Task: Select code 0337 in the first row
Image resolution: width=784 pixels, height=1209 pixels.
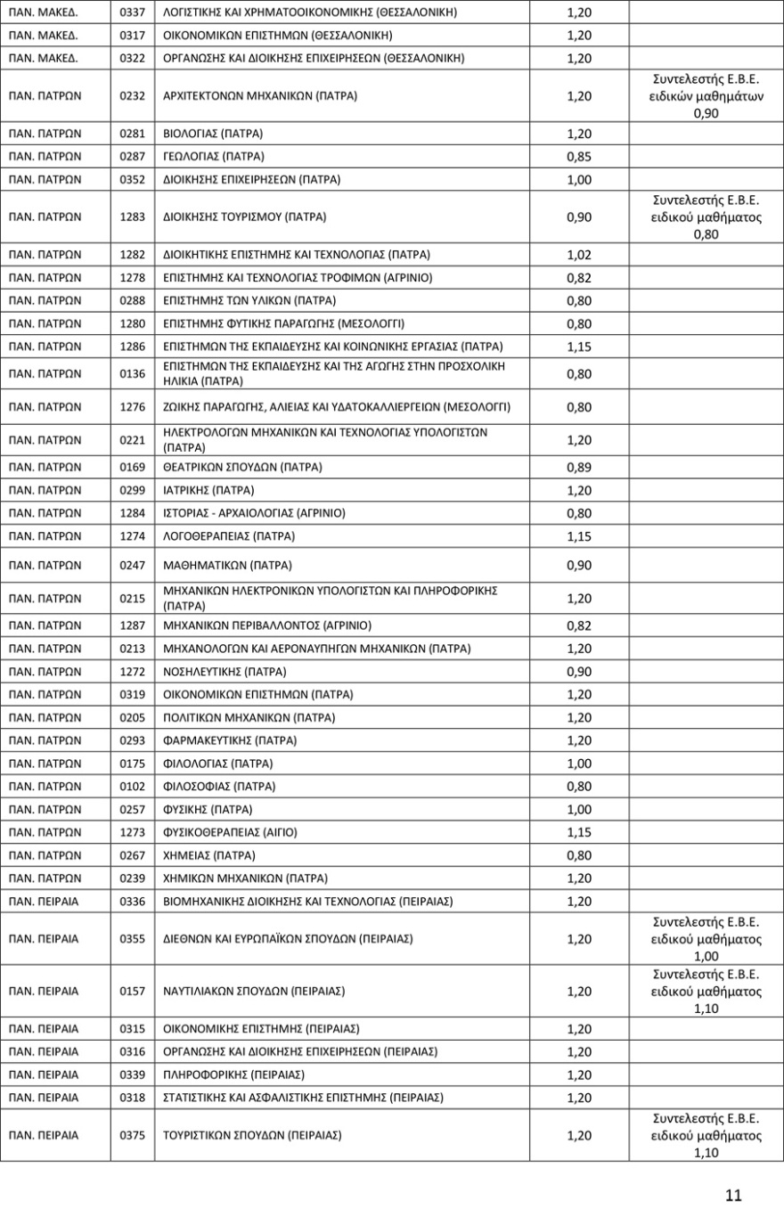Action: point(132,12)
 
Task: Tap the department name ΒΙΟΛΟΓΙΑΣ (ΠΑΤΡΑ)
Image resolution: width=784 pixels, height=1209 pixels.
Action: point(214,133)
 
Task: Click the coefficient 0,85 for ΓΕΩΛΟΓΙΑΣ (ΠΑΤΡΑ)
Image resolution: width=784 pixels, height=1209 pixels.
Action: point(579,157)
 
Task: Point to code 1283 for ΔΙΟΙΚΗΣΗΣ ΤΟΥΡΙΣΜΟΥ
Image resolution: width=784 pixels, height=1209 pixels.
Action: point(132,217)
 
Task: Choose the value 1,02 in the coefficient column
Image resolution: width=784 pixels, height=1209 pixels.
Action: point(579,254)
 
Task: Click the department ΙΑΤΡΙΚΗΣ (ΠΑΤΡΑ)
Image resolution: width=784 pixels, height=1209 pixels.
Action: point(209,490)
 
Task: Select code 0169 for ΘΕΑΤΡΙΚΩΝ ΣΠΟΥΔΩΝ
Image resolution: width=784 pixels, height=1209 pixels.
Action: point(132,467)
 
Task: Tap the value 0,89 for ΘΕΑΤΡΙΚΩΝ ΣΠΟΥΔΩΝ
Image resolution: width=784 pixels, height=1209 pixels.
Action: point(579,467)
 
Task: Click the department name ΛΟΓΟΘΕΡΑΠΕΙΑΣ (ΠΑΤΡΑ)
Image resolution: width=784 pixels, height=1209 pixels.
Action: point(230,536)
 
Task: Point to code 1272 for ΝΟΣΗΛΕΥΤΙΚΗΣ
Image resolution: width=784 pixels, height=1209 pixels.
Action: point(132,671)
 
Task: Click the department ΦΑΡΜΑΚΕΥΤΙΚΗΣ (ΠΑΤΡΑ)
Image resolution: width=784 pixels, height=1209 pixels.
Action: point(231,740)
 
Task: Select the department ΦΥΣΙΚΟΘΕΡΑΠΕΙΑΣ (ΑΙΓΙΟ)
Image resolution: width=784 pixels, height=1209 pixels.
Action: point(231,832)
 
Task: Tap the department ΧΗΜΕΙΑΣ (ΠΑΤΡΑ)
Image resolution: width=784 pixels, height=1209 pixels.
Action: point(210,855)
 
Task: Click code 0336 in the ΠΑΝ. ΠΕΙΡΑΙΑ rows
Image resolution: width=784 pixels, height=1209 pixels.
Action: point(132,901)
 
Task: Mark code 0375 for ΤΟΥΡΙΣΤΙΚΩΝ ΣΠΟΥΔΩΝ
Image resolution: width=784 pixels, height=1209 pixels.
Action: point(132,1135)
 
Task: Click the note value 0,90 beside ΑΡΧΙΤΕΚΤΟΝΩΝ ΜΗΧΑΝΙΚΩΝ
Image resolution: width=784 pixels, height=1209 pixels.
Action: point(706,113)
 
